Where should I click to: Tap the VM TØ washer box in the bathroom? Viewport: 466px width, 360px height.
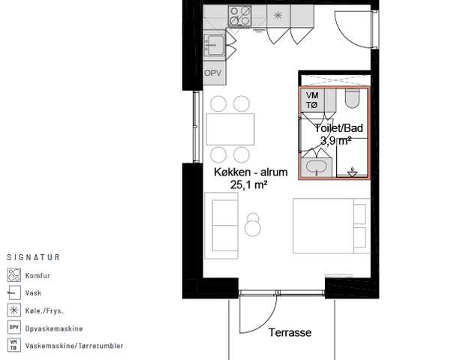(312, 100)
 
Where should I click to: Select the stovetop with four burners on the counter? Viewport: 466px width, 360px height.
(240, 16)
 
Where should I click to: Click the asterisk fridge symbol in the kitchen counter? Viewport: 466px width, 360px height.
(278, 16)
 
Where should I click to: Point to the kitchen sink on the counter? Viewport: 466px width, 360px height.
(214, 45)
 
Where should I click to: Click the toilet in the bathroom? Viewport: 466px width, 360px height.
(353, 98)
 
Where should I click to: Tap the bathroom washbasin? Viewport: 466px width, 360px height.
(316, 168)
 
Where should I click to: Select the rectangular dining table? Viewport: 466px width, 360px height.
(230, 129)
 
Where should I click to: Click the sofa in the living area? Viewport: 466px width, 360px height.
(221, 226)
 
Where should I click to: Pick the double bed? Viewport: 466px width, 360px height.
(332, 226)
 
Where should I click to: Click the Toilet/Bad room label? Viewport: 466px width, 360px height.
(338, 128)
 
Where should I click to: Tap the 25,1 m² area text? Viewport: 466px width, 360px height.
(248, 184)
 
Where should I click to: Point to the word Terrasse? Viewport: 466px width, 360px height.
(290, 332)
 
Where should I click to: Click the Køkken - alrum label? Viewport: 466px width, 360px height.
(251, 172)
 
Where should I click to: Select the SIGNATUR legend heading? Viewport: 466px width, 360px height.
(34, 257)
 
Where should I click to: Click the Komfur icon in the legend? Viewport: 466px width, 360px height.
(14, 275)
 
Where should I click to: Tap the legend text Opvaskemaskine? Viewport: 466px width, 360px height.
(54, 328)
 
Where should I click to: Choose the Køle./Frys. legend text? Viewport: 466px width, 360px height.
(44, 311)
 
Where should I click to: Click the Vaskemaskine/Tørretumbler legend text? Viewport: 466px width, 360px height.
(74, 346)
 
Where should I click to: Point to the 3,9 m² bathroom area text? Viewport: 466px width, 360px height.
(336, 140)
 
